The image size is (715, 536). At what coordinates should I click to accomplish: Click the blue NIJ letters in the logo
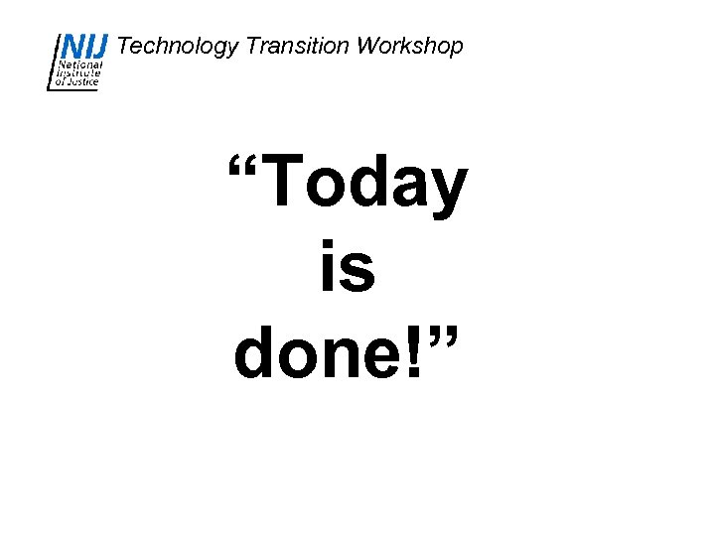85,46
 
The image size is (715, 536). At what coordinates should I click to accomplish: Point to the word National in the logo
79,64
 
